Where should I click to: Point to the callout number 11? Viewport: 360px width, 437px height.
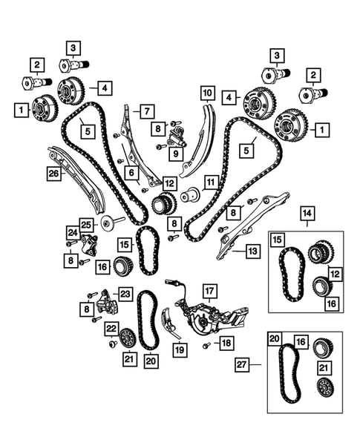coord(212,181)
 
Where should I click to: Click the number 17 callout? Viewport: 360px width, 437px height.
coord(209,290)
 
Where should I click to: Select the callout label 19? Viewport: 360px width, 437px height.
coord(179,348)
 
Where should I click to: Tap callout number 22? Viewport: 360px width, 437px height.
coord(111,329)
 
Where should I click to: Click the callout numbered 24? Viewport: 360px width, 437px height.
coord(72,232)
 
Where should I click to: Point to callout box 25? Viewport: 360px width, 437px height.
coord(86,223)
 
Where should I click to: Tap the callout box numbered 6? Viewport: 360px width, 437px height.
coord(131,172)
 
